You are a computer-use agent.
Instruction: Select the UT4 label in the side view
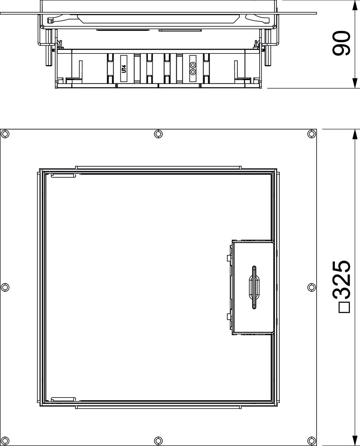(124, 69)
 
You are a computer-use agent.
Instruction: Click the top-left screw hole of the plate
(5, 134)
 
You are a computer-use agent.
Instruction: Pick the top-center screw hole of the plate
(158, 134)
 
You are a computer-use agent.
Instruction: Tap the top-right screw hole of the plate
(312, 134)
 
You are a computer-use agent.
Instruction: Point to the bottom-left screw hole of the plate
(5, 440)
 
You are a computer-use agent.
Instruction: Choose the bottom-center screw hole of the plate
(158, 440)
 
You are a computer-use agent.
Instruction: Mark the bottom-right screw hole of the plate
(312, 440)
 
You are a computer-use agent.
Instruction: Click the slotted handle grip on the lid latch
(254, 287)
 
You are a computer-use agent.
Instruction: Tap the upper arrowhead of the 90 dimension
(354, 5)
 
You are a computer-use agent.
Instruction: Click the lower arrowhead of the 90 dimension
(354, 83)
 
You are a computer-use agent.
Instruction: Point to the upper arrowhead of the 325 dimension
(354, 134)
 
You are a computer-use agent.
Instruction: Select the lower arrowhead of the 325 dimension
(354, 441)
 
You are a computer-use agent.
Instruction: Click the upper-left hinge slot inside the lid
(63, 175)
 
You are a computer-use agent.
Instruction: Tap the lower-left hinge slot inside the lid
(63, 399)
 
